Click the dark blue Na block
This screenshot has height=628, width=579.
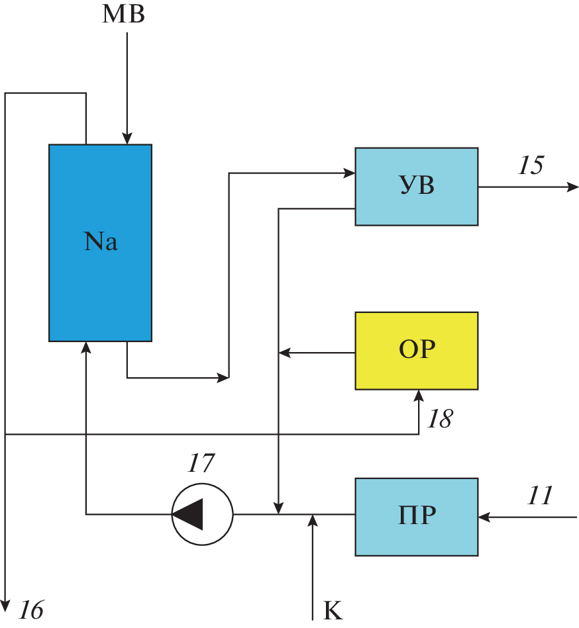[100, 242]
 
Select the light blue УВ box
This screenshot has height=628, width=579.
[416, 187]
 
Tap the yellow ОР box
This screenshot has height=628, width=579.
[416, 350]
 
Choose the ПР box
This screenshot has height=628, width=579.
[416, 516]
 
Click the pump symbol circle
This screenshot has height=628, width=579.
[202, 514]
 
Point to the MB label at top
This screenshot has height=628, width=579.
[123, 15]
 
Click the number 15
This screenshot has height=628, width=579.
[531, 165]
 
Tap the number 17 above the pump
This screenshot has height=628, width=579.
[200, 464]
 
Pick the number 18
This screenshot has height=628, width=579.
[439, 419]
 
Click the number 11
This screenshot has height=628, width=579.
[540, 495]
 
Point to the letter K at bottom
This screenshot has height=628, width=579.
[333, 611]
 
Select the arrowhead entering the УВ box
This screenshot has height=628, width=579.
[349, 173]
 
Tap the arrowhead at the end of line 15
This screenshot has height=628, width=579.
[573, 187]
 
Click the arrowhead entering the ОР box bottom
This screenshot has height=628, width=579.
[419, 396]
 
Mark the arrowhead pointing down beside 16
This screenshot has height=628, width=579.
[5, 606]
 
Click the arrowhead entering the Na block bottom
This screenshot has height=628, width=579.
[86, 347]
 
